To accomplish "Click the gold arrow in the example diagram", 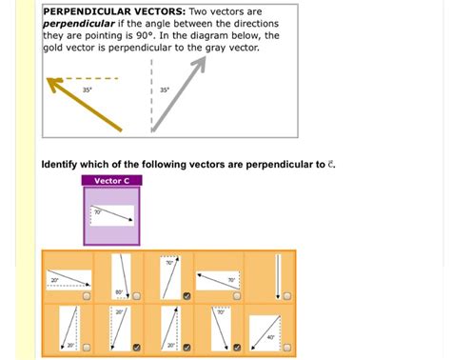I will [86, 104].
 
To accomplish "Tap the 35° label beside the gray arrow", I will [165, 90].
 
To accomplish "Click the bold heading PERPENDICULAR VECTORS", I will [115, 12].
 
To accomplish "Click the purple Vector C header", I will [112, 180].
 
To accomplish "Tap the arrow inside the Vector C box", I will [112, 214].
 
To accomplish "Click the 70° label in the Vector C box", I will [96, 211].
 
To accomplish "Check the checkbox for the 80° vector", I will [136, 295].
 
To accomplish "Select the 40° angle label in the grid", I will [271, 336].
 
